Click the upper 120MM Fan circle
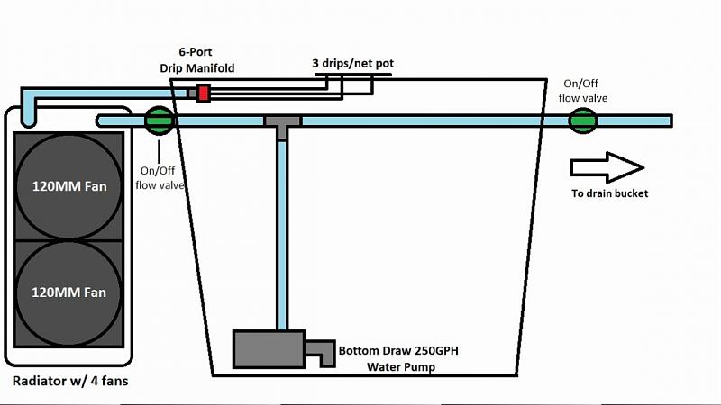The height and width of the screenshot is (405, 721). tap(68, 186)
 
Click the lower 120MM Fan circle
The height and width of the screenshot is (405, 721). tap(68, 291)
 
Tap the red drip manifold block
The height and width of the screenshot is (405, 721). tap(204, 93)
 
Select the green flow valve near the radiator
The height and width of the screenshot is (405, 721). tap(159, 120)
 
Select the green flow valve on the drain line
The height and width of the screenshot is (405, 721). tap(582, 120)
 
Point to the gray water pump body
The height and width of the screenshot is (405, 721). tap(269, 348)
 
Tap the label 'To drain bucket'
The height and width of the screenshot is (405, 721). tap(609, 193)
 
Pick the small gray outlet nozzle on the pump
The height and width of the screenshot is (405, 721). tap(319, 352)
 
